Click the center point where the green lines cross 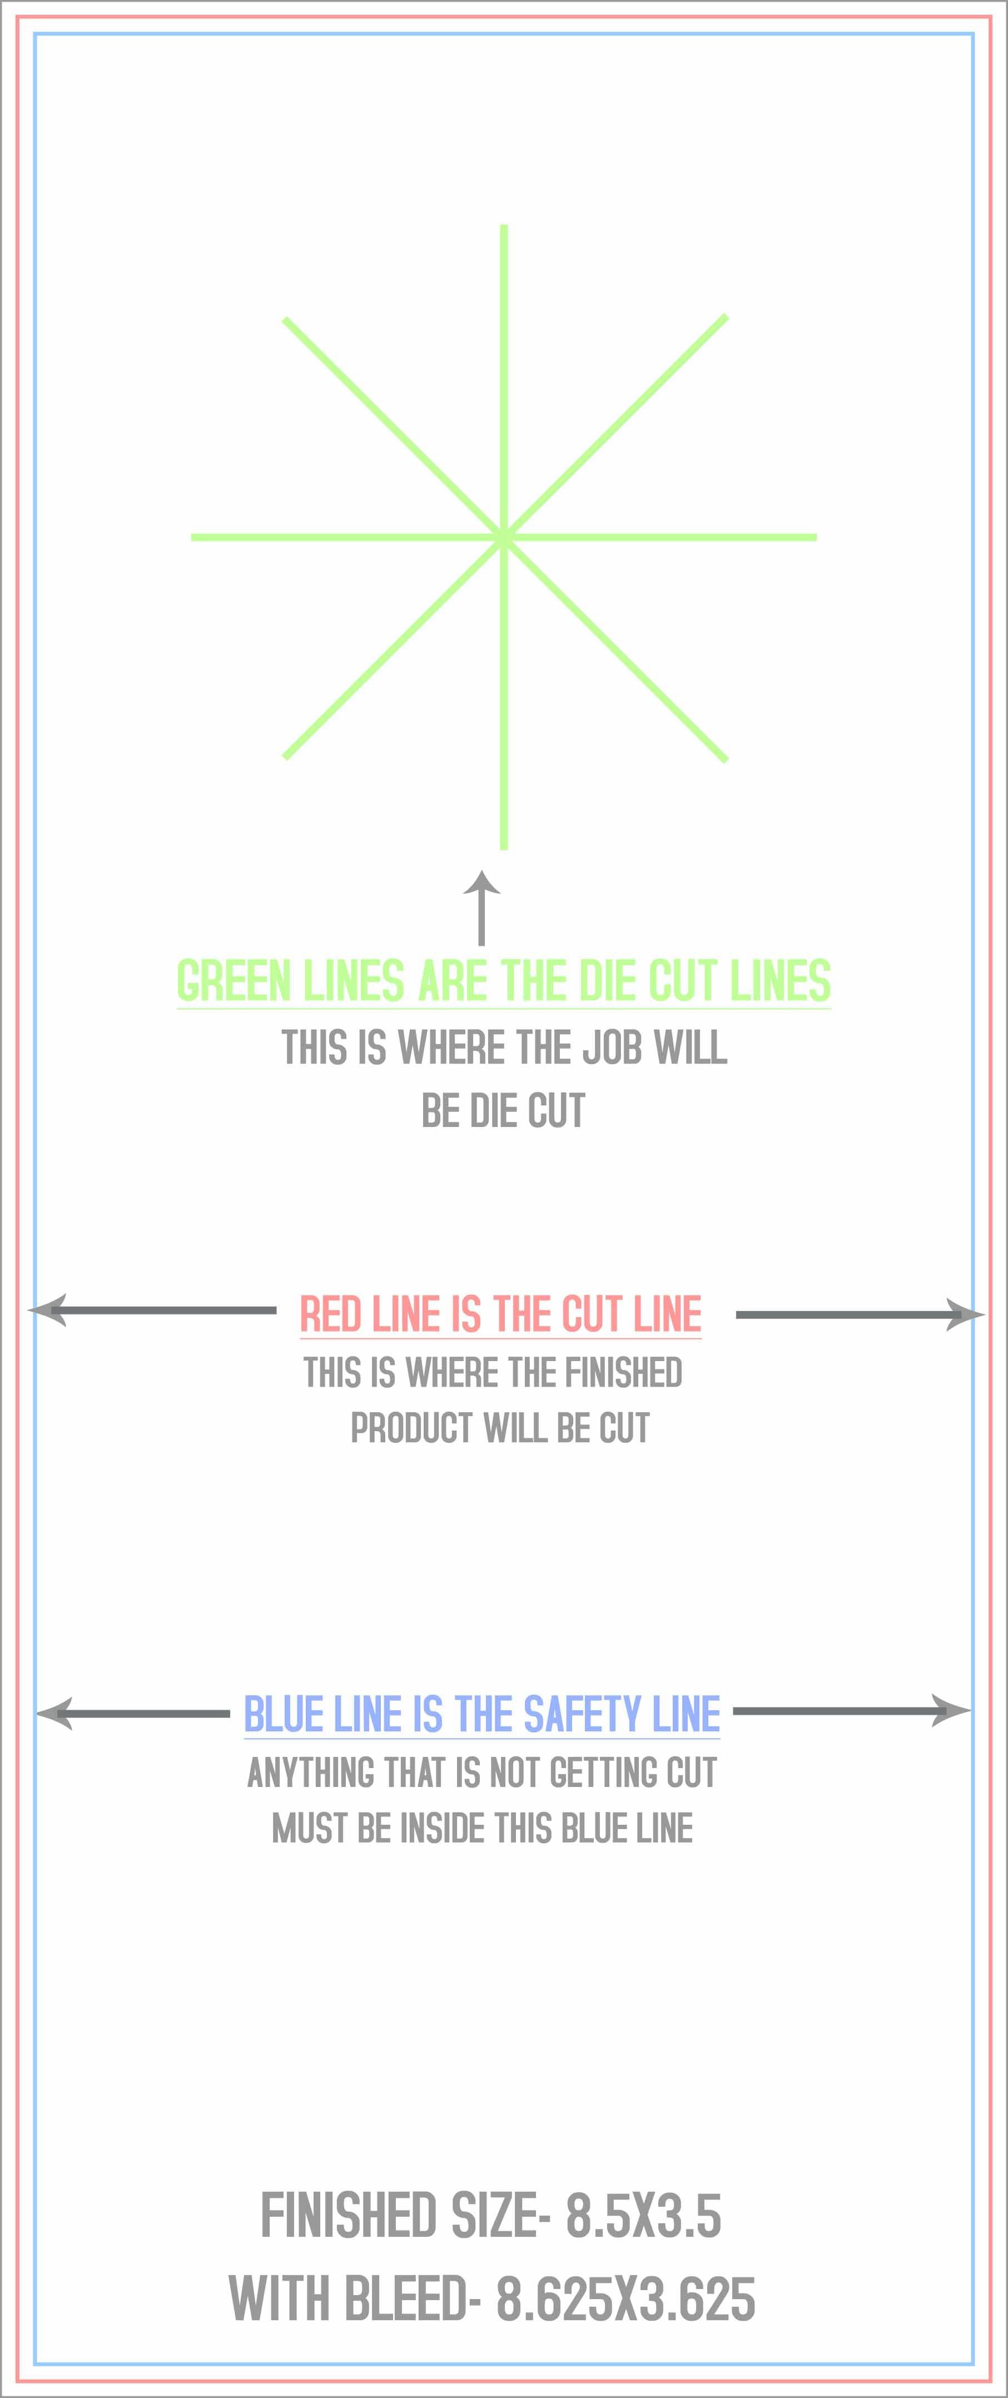point(504,537)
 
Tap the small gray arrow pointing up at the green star point(481,907)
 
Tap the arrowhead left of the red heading point(47,1310)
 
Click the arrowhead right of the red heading point(965,1314)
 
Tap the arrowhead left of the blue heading point(54,1713)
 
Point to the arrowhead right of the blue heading point(951,1710)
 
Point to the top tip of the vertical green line point(504,225)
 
